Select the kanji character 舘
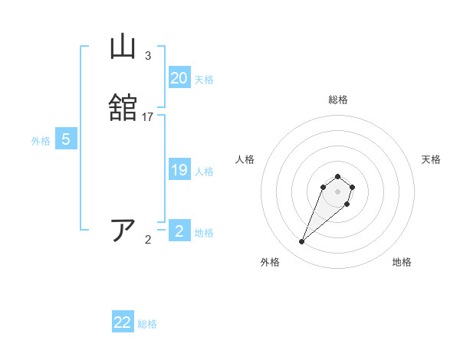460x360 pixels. [x=123, y=108]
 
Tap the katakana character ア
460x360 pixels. [x=123, y=230]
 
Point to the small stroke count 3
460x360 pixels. [x=147, y=56]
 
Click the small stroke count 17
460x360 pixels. [x=148, y=116]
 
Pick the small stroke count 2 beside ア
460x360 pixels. [x=148, y=240]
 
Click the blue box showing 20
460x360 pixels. [x=179, y=78]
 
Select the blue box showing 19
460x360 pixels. [x=179, y=170]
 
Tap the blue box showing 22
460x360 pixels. [x=123, y=322]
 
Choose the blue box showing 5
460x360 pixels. [x=66, y=139]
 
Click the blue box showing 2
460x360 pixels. [x=179, y=231]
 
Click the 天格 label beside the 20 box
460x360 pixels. [x=204, y=80]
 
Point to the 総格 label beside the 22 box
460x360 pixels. [x=147, y=324]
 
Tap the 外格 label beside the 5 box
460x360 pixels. [x=41, y=141]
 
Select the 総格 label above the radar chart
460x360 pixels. [x=338, y=100]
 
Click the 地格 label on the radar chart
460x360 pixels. [x=402, y=262]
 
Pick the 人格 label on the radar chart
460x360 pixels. [x=245, y=159]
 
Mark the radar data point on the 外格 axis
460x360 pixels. [x=302, y=242]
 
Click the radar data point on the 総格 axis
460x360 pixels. [x=338, y=175]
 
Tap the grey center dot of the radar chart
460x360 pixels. [x=338, y=191]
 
